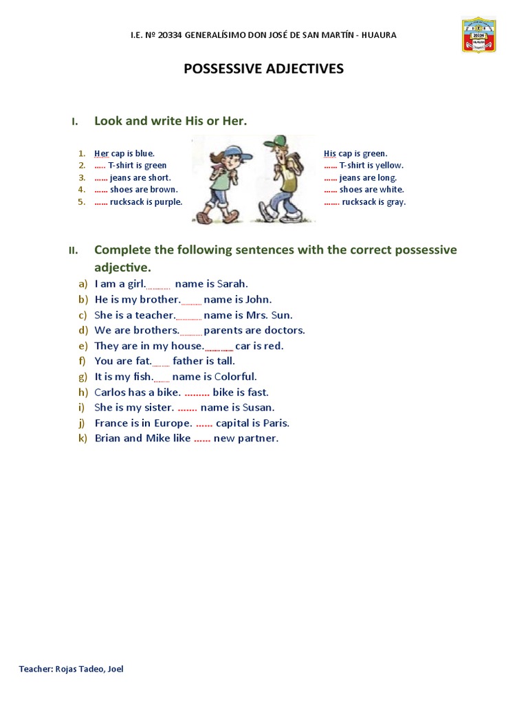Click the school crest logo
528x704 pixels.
point(478,35)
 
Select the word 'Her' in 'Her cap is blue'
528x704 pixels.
point(101,153)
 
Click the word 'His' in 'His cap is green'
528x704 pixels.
point(330,153)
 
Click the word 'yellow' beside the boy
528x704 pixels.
point(389,166)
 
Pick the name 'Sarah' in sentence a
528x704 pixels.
point(232,284)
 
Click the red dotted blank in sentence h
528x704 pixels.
point(197,393)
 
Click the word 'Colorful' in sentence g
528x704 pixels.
point(235,377)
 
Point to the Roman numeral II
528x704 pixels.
point(73,250)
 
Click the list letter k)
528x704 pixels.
point(82,439)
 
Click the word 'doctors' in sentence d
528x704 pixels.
point(284,331)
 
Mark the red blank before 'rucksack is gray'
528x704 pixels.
point(331,202)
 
